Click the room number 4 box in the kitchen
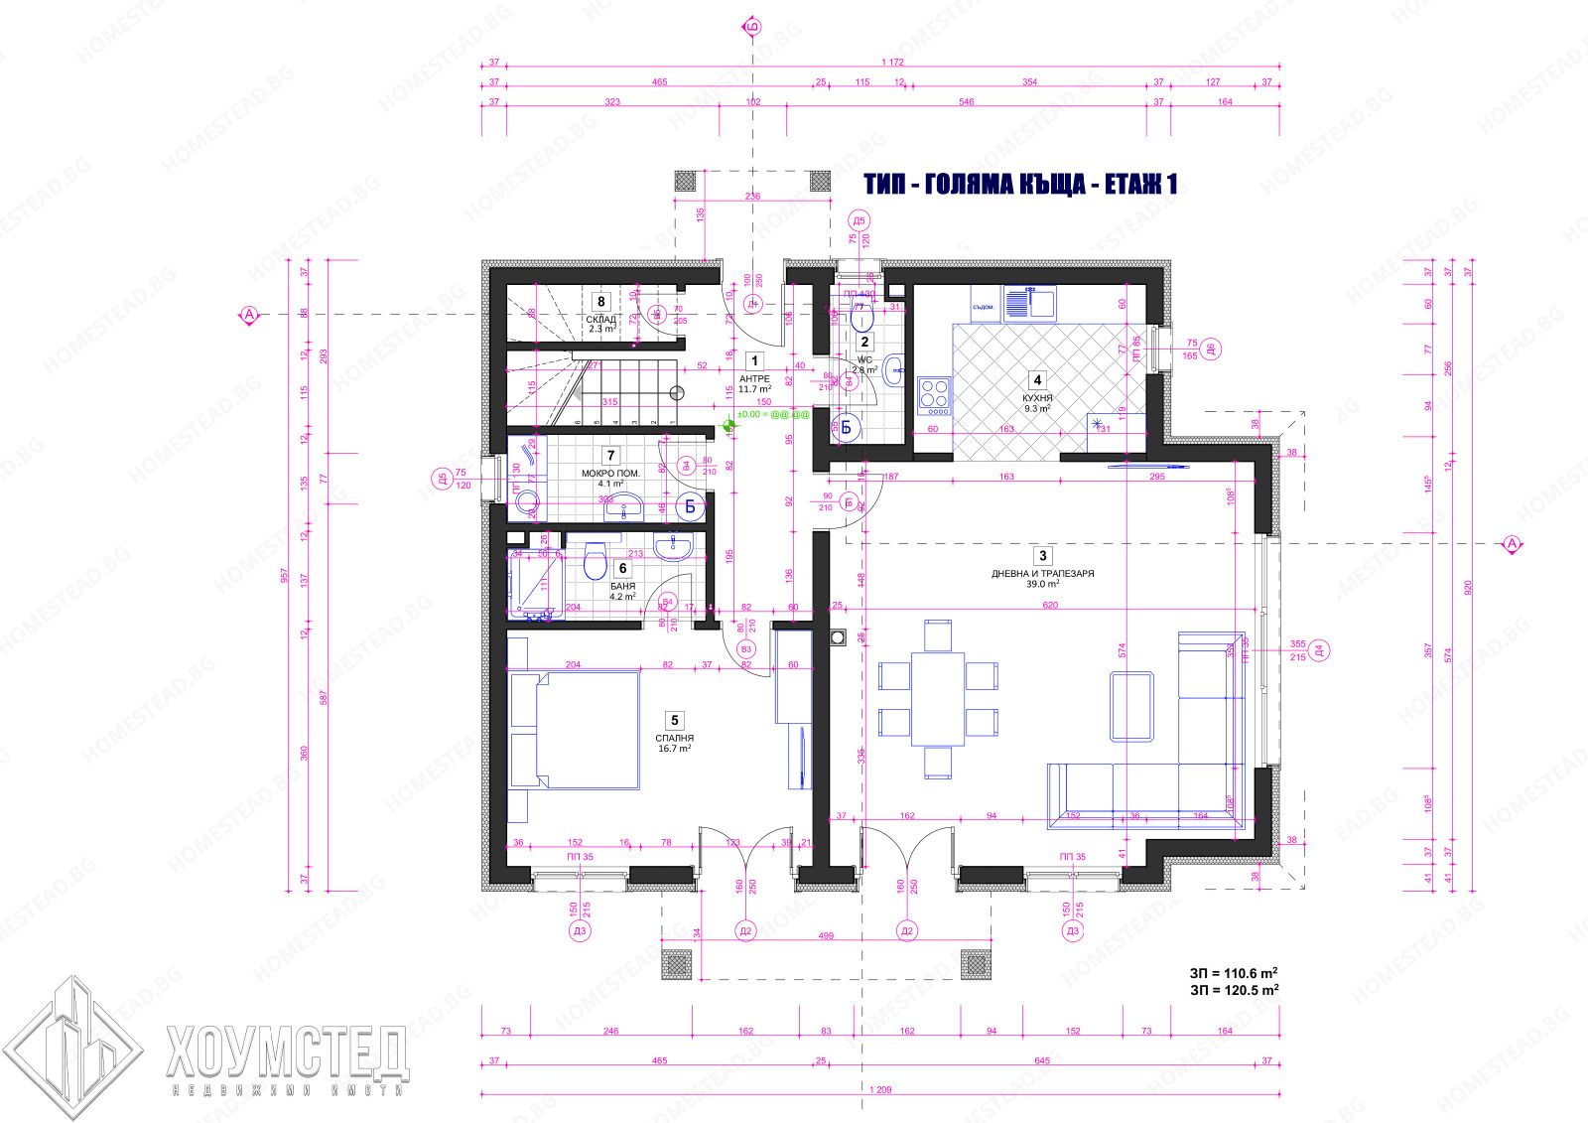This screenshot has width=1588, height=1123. coord(1037,379)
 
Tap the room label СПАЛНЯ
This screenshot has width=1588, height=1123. coord(674,739)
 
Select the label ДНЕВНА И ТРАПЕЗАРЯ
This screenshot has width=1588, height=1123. coord(1042,574)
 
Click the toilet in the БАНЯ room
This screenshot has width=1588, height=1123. coord(595,562)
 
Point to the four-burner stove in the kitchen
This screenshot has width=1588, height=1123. coord(934,394)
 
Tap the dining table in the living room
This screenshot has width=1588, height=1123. coord(938,698)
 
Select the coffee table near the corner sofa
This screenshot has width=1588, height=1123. coord(1131,706)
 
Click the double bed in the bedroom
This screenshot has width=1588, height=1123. coord(575,730)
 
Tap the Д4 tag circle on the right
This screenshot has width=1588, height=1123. coord(1319,650)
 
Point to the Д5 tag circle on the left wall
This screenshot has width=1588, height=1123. coord(442,479)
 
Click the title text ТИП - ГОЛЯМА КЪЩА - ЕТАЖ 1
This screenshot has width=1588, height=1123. coord(1020,184)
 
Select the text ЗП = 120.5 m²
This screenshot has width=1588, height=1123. coord(1234,990)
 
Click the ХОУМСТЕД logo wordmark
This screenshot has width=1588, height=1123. coord(288,1053)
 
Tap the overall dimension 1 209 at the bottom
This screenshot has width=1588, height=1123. coord(879,1089)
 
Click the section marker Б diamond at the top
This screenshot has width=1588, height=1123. coord(752,27)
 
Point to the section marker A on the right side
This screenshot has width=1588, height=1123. coord(1512,544)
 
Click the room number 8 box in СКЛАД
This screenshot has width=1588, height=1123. coord(600,301)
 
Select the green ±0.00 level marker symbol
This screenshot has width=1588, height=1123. coord(730,427)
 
